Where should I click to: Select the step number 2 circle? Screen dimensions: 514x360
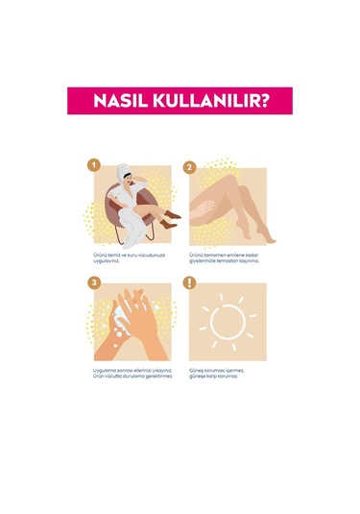click(190, 166)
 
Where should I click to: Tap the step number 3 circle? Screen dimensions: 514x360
click(93, 282)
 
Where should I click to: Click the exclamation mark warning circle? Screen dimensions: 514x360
click(190, 283)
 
